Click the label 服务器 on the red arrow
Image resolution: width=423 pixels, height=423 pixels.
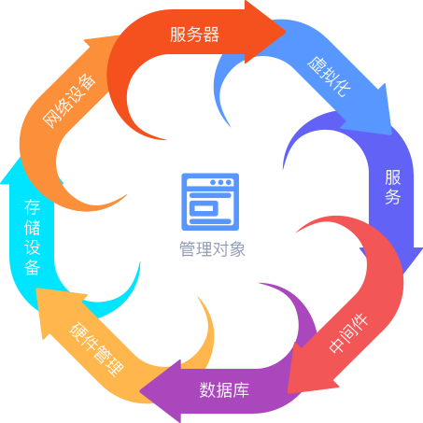coord(194,35)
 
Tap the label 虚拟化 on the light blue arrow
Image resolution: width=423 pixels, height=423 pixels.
coord(330,77)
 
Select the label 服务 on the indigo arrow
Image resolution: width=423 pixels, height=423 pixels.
coord(392,187)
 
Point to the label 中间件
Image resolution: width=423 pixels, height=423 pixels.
coord(349,333)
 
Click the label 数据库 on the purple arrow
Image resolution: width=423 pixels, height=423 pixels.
coord(224,389)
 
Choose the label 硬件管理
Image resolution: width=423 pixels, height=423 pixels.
coord(96,349)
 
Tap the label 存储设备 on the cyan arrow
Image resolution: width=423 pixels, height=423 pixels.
coord(32,238)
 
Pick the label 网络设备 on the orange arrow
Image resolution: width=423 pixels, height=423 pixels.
coord(69,101)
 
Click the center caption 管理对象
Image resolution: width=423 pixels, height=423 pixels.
coord(212,249)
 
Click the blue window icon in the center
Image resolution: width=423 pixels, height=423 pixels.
coord(210,202)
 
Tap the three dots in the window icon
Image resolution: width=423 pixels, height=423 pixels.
coord(220,182)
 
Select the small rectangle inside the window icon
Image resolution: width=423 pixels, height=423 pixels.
coord(204,208)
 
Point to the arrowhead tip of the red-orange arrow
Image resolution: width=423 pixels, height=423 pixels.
coord(286,31)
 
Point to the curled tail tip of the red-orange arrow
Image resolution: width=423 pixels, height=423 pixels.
coord(166,140)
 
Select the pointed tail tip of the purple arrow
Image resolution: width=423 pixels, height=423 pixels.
coord(259,283)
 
